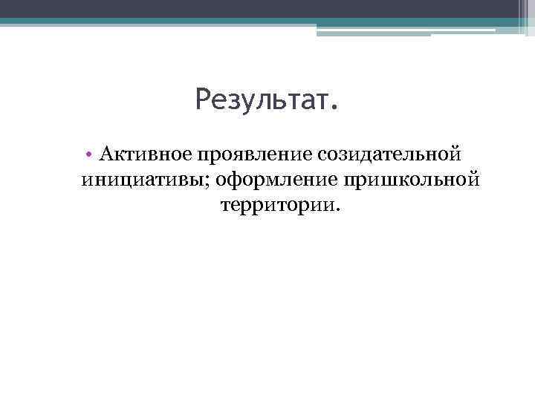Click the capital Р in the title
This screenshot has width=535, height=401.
pyautogui.click(x=204, y=100)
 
